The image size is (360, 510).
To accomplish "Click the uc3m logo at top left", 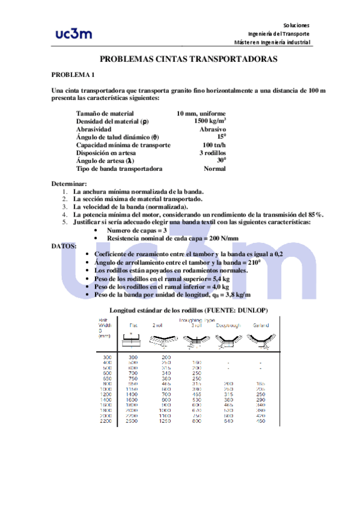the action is pos(73,33).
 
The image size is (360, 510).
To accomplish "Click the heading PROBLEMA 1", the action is pos(73,75).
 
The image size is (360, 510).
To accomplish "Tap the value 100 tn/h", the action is pos(214,145).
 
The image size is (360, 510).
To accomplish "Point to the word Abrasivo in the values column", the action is pos(213,129).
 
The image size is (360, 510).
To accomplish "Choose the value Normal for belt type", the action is pos(215,169).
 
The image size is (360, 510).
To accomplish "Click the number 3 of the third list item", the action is pos(64,206).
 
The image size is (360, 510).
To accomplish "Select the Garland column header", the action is pos(260,325).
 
